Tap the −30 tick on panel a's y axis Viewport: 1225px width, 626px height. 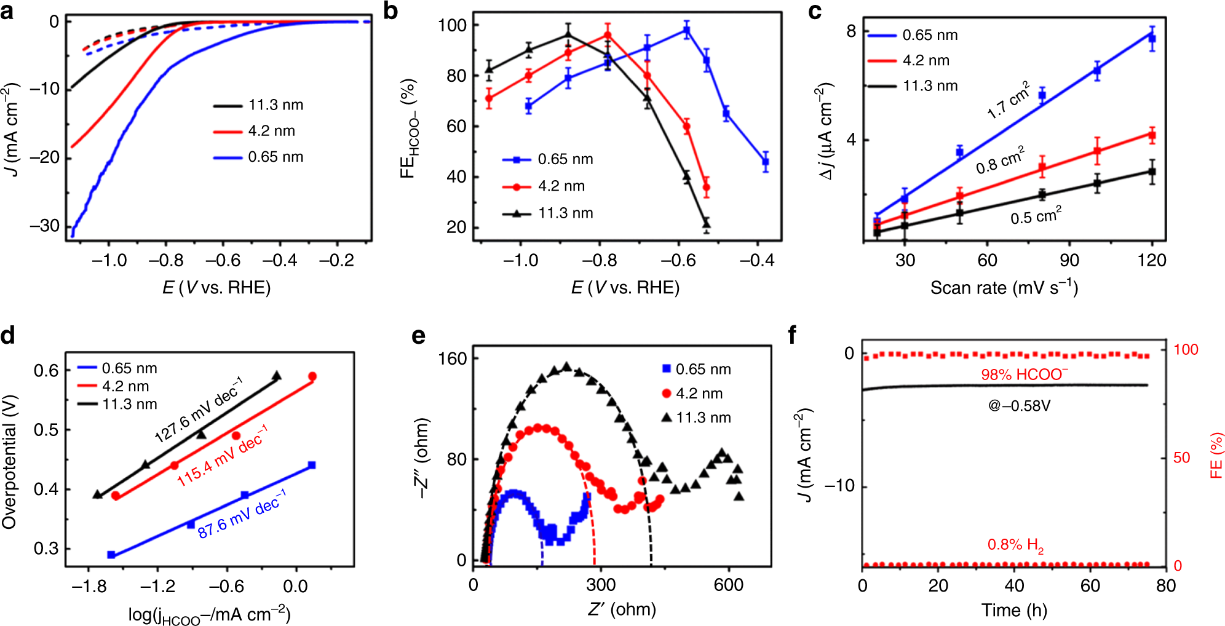(44, 226)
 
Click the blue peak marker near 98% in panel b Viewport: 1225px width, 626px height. (687, 30)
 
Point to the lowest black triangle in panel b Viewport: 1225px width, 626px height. (707, 224)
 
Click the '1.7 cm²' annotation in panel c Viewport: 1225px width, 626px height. (1009, 100)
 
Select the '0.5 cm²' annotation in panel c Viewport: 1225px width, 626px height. (1036, 216)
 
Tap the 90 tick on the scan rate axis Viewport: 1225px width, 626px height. (1069, 260)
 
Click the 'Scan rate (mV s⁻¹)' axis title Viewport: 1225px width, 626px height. (1004, 288)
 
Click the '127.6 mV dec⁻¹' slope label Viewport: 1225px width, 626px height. (198, 410)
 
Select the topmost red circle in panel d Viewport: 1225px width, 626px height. (312, 376)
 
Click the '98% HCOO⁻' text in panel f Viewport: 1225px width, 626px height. (1025, 374)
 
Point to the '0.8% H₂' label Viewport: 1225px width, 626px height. (1015, 545)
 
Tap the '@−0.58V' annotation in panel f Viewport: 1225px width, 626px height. (1019, 406)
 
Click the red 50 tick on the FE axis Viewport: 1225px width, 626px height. (1181, 458)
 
